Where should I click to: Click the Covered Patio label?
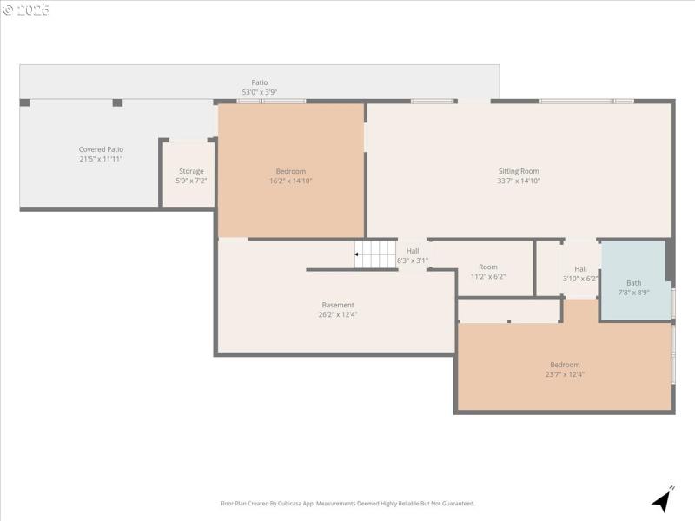101,149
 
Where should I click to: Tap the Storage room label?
191,171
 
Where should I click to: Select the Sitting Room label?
519,171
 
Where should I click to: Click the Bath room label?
633,282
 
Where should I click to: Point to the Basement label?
338,305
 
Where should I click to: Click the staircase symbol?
375,254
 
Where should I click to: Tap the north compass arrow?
663,499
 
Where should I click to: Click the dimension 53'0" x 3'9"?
259,92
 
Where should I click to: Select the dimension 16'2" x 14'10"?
291,181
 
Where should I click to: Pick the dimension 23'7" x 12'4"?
565,374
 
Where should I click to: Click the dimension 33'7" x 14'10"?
519,181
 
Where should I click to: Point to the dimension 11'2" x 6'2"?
487,277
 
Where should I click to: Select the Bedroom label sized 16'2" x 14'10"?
291,171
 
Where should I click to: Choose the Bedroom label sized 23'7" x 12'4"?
565,365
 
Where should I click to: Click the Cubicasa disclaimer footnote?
347,504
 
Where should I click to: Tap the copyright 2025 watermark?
26,10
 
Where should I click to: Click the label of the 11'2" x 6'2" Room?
487,267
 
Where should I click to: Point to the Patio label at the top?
259,82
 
